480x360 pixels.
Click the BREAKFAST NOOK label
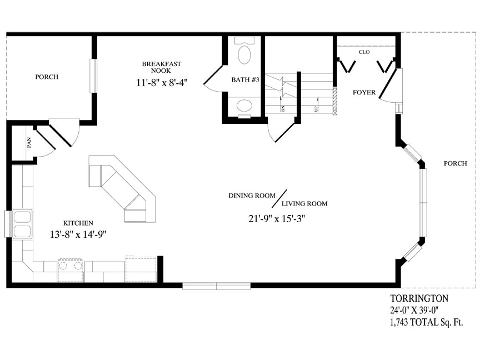[162, 68]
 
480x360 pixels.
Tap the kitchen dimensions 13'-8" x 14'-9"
[77, 234]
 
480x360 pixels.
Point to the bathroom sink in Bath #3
[243, 106]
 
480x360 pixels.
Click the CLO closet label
[364, 52]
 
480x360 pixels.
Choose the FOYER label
[364, 92]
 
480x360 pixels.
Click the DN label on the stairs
[283, 109]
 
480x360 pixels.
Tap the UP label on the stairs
[316, 109]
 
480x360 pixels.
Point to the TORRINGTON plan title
[418, 299]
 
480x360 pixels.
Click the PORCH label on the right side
[455, 163]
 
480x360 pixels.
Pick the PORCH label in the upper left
[47, 77]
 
